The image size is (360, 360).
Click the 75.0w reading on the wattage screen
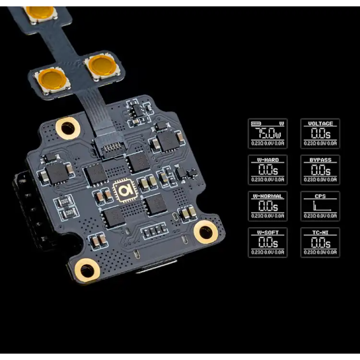[268, 134]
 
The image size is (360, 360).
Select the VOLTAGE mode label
[320, 123]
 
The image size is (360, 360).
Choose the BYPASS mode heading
[320, 160]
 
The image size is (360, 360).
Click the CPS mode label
[320, 196]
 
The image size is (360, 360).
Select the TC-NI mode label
[320, 233]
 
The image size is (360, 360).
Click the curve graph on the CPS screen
[320, 207]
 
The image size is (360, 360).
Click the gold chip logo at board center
[123, 191]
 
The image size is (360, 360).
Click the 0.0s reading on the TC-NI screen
[320, 243]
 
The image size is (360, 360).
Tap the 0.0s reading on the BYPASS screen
[320, 171]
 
